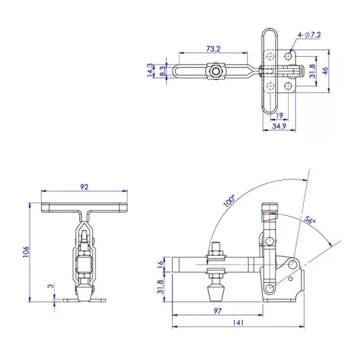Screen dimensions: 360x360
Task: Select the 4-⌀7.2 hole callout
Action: (x=307, y=35)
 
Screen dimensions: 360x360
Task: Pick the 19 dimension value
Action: (x=278, y=114)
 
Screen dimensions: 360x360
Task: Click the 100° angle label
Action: (x=229, y=201)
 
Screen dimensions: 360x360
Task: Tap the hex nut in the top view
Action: (x=215, y=71)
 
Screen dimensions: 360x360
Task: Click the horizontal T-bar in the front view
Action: (x=85, y=209)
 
